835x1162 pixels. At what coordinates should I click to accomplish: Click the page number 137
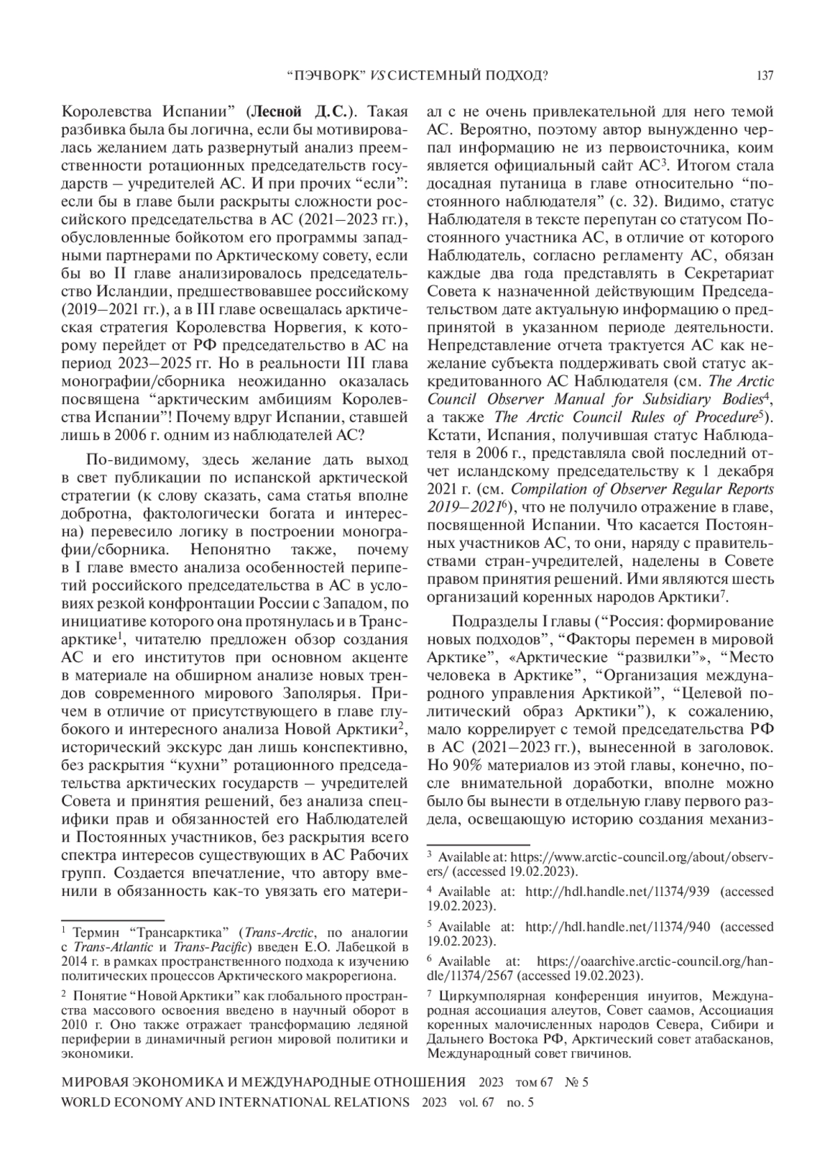pyautogui.click(x=764, y=76)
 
